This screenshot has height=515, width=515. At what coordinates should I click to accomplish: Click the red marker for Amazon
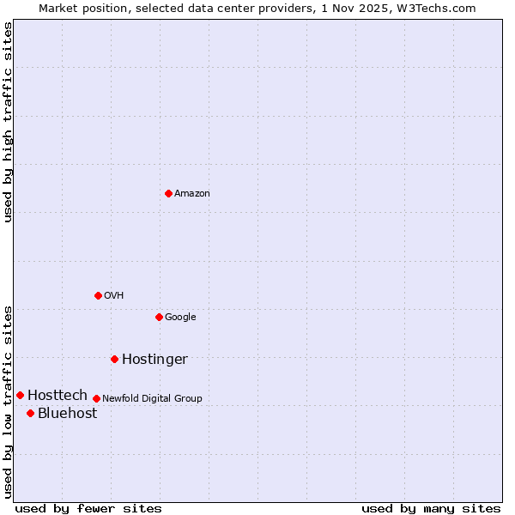(168, 193)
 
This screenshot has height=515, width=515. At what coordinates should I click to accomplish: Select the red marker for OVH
(98, 295)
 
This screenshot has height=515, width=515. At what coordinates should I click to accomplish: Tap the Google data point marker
(159, 317)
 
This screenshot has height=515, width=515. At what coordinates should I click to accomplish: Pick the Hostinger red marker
(114, 359)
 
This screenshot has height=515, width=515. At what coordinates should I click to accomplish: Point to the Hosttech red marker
(20, 395)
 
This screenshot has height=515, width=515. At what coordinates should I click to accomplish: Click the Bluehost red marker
(30, 413)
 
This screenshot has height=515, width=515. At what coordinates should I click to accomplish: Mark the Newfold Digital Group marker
(96, 398)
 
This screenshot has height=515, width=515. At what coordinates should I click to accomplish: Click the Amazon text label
(192, 194)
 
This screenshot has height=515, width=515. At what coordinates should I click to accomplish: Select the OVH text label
(114, 296)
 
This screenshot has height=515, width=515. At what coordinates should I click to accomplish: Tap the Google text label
(180, 318)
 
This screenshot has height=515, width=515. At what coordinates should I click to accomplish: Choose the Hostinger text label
(154, 360)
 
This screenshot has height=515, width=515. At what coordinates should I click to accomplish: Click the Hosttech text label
(58, 396)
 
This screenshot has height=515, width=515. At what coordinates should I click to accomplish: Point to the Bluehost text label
(67, 414)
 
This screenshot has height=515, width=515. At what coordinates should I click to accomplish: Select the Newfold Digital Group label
(152, 399)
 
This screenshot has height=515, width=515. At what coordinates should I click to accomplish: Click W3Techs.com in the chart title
(437, 8)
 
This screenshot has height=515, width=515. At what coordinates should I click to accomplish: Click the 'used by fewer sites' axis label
(88, 508)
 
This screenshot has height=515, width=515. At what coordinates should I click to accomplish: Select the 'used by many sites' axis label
(431, 508)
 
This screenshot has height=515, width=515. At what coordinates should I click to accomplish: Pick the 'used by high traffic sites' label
(8, 122)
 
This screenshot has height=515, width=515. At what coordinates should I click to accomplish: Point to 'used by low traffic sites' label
(8, 402)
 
